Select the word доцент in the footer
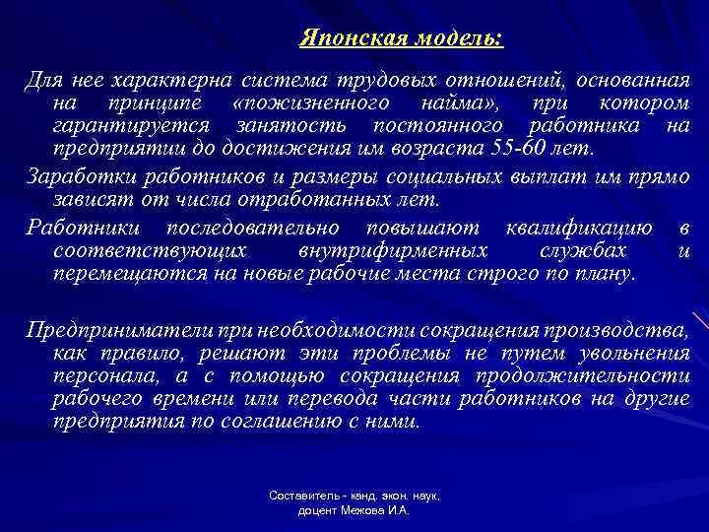click(x=317, y=512)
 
